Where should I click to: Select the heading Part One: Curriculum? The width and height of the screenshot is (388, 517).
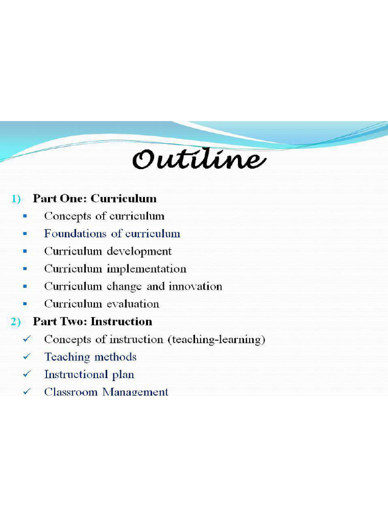(x=94, y=198)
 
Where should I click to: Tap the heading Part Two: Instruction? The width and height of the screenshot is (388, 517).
(x=92, y=322)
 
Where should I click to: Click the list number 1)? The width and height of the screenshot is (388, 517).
(x=16, y=199)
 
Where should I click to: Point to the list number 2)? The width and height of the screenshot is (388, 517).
(x=16, y=322)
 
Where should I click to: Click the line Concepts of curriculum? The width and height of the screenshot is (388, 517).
(x=104, y=216)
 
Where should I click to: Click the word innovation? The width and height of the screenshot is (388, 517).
(x=196, y=286)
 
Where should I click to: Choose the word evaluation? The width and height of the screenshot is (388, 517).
(x=132, y=304)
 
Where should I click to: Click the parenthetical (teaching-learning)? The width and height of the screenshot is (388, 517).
(x=216, y=340)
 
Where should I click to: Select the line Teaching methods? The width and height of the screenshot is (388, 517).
(x=90, y=357)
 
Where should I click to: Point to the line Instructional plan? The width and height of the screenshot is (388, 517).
(x=89, y=375)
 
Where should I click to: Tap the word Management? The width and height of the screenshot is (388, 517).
(x=135, y=392)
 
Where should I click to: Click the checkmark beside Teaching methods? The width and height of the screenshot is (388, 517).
(x=26, y=357)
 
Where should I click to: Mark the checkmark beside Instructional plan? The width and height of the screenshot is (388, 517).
(x=26, y=375)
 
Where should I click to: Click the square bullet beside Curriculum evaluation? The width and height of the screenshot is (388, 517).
(x=25, y=304)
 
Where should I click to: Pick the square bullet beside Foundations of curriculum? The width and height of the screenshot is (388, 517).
(x=25, y=234)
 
